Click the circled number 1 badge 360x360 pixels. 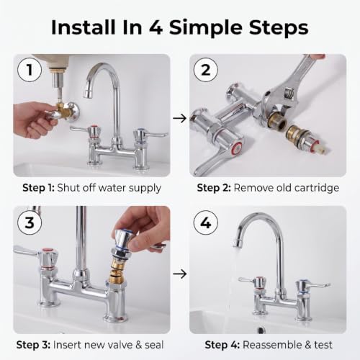point(30,70)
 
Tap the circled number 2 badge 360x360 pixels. point(206,70)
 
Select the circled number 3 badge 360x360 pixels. point(30,222)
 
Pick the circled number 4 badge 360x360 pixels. point(206,222)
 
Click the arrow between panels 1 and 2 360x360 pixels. point(179,118)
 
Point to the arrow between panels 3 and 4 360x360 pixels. point(179,274)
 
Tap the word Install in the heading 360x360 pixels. point(84,27)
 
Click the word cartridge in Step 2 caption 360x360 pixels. point(317,188)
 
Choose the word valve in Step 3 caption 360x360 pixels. point(120,345)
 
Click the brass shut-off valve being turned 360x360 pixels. point(62,111)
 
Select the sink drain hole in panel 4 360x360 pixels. point(261,330)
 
